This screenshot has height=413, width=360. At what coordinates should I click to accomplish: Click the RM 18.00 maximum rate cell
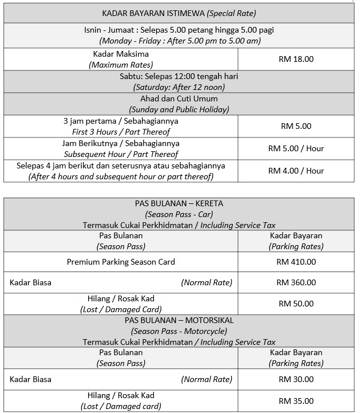click(296, 59)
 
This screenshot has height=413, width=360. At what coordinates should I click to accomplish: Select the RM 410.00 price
click(296, 262)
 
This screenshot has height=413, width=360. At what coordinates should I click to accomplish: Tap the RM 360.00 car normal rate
click(296, 282)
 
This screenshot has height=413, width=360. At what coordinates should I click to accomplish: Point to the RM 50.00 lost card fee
click(296, 304)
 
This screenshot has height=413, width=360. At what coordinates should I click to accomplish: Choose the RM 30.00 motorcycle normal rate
click(296, 379)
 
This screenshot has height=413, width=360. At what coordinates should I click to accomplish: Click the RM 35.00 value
click(296, 401)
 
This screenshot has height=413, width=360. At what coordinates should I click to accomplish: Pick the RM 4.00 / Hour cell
click(296, 171)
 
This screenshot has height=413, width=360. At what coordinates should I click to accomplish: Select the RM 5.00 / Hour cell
click(296, 148)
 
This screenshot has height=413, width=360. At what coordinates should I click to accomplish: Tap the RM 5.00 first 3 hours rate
click(296, 126)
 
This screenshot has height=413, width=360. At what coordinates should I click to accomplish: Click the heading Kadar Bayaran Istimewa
click(179, 13)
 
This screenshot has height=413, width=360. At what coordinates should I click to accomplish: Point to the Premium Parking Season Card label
click(121, 262)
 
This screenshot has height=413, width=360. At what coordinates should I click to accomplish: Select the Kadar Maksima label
click(121, 54)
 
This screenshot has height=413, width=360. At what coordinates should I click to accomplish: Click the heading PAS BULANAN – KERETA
click(179, 203)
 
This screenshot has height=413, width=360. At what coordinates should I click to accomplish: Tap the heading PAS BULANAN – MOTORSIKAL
click(179, 320)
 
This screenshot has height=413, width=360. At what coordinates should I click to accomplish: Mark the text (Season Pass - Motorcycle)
click(179, 331)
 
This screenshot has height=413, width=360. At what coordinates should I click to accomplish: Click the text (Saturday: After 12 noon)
click(179, 88)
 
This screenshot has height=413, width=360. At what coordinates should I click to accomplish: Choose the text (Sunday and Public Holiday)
click(179, 109)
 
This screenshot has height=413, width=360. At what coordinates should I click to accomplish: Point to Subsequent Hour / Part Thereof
click(121, 154)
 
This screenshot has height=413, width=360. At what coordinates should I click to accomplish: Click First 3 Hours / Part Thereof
click(121, 132)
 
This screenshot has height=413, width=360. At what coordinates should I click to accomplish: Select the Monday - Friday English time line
click(179, 41)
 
